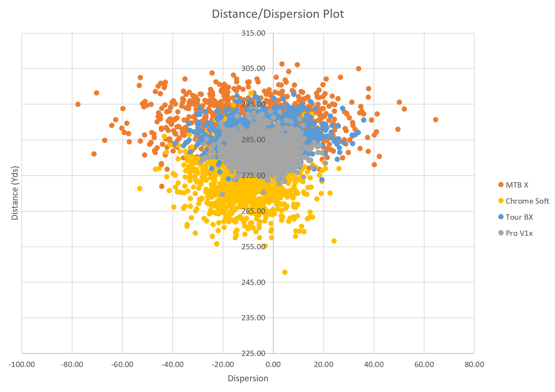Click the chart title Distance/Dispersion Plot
click(277, 14)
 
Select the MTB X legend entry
click(516, 185)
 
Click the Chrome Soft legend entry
click(527, 201)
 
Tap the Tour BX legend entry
click(519, 217)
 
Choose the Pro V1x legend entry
click(519, 233)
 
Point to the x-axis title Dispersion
click(248, 378)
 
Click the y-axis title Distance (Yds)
click(15, 193)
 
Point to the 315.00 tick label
click(253, 33)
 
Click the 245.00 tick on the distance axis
click(253, 282)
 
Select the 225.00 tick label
click(253, 353)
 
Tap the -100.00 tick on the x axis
click(22, 365)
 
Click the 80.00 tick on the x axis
click(474, 365)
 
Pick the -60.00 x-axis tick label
click(122, 365)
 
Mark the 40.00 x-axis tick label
click(374, 365)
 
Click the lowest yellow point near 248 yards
click(285, 273)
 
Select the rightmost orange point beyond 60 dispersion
click(436, 120)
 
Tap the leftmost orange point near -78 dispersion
click(78, 105)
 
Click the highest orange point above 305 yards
click(282, 64)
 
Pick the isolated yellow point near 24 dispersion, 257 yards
click(334, 241)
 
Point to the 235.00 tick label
click(253, 318)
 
